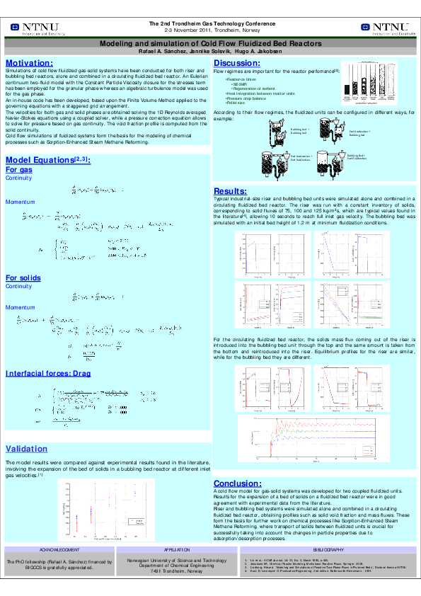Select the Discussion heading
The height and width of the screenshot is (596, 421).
[x=238, y=64]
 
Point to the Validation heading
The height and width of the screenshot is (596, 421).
[x=27, y=449]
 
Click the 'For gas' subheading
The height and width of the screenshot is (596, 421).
[x=18, y=170]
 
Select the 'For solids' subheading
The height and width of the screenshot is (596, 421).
[x=23, y=277]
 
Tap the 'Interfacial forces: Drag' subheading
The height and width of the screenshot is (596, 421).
[x=48, y=373]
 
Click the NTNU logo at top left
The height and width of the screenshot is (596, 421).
[x=35, y=28]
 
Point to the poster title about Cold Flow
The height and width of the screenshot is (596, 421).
[x=210, y=43]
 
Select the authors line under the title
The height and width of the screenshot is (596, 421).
[x=210, y=52]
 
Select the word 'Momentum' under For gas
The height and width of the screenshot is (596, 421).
[x=20, y=202]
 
